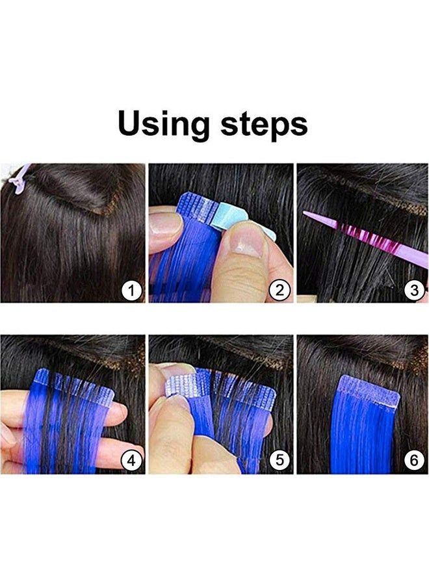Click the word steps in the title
click(x=264, y=125)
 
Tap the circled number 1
click(x=132, y=290)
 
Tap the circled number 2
click(x=279, y=290)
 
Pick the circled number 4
click(x=132, y=461)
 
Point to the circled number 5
click(x=279, y=461)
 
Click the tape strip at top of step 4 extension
click(x=75, y=383)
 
